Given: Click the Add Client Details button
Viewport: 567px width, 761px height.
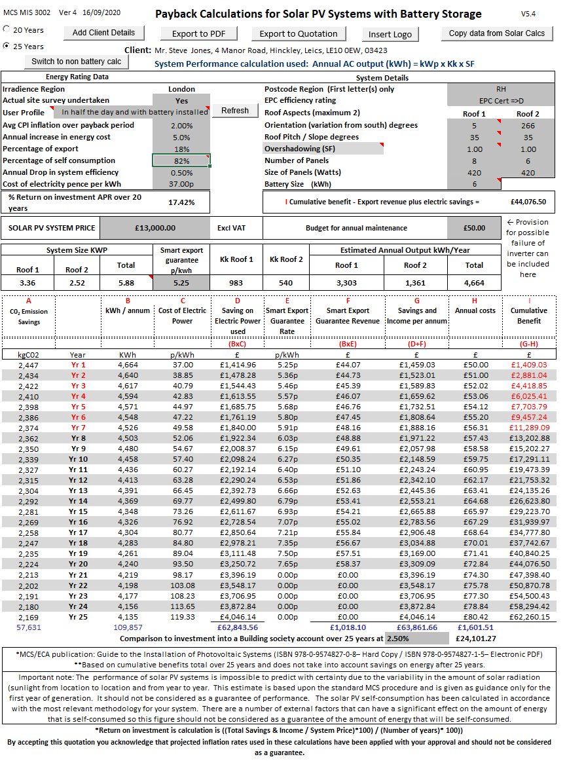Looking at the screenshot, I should [103, 33].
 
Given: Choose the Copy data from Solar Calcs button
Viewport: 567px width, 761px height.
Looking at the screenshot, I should [497, 33].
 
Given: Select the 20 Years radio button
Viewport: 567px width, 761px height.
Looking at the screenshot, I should [7, 29].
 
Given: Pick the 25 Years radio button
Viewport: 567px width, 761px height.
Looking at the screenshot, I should [7, 46].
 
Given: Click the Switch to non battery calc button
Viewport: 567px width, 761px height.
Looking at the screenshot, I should [76, 62].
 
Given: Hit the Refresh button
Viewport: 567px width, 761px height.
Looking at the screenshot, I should [235, 111].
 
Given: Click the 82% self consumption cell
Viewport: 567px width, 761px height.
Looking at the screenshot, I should [181, 160].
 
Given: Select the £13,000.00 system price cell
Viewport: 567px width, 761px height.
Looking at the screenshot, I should [155, 228].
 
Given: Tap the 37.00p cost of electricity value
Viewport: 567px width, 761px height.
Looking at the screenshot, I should [181, 184].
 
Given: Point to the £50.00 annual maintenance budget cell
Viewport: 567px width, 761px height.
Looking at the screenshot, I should [475, 228].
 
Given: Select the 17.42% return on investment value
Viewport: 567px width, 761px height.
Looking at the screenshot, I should [181, 202].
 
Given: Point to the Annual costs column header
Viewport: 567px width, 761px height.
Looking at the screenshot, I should [475, 310].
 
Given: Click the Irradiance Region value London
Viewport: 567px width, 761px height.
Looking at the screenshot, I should [181, 89].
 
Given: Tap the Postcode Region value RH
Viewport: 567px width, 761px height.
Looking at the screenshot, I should [501, 89].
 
